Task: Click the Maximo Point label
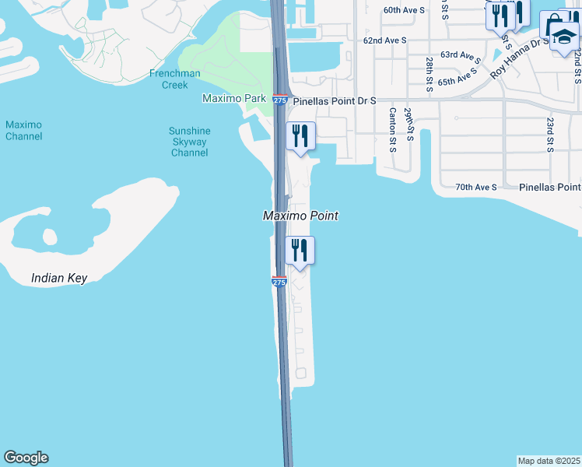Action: pyautogui.click(x=300, y=216)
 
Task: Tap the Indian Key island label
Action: pyautogui.click(x=59, y=278)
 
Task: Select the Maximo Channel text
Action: pyautogui.click(x=23, y=130)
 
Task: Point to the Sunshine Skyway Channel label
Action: pyautogui.click(x=188, y=142)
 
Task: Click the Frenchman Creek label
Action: pyautogui.click(x=175, y=79)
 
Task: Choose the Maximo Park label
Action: pyautogui.click(x=233, y=99)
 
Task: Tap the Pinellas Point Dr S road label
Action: pyautogui.click(x=335, y=101)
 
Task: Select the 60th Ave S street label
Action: pyautogui.click(x=405, y=10)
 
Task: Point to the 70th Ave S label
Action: pyautogui.click(x=476, y=188)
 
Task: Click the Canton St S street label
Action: pyautogui.click(x=392, y=129)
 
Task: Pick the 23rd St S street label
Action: pyautogui.click(x=549, y=134)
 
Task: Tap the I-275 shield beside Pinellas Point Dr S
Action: pyautogui.click(x=280, y=100)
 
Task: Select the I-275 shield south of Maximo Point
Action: pyautogui.click(x=279, y=282)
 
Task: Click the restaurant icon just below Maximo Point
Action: pyautogui.click(x=300, y=250)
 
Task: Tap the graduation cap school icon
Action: pyautogui.click(x=563, y=36)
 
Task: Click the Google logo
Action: pyautogui.click(x=26, y=458)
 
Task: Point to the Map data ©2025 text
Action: pyautogui.click(x=549, y=461)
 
